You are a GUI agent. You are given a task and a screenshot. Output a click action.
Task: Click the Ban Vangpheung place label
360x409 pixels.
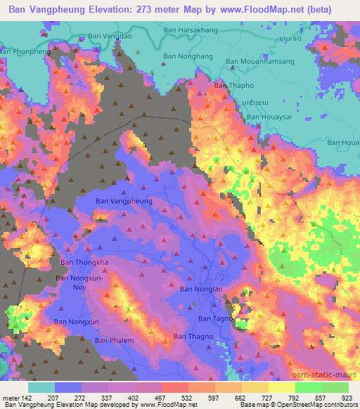123,201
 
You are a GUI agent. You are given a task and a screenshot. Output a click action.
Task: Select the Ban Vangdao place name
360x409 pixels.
110,35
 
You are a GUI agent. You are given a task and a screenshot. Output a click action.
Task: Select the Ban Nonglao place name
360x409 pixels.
202,288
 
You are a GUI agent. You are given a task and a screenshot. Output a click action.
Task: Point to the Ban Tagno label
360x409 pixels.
214,318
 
